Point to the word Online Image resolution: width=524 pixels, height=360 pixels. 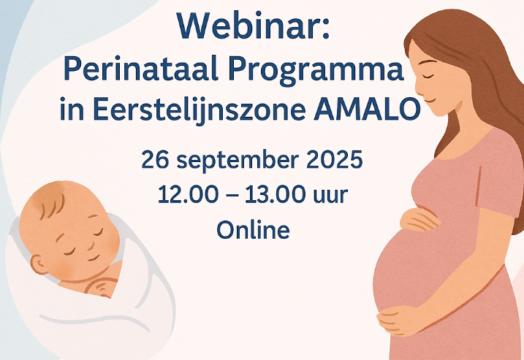(x=253, y=230)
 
